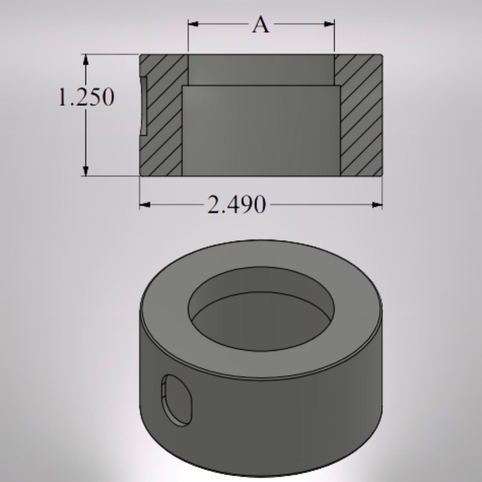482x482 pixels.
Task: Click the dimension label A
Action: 261,25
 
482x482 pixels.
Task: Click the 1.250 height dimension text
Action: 86,97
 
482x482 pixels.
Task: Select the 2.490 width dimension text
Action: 236,205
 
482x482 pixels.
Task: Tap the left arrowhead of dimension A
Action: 193,24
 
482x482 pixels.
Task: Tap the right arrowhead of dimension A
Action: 330,24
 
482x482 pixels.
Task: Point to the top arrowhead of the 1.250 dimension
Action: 86,60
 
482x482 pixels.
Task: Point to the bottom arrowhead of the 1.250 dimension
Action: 86,170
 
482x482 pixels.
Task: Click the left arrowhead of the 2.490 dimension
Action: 144,205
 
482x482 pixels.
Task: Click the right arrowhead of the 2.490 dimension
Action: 377,205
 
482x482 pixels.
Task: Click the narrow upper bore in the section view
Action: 261,69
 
